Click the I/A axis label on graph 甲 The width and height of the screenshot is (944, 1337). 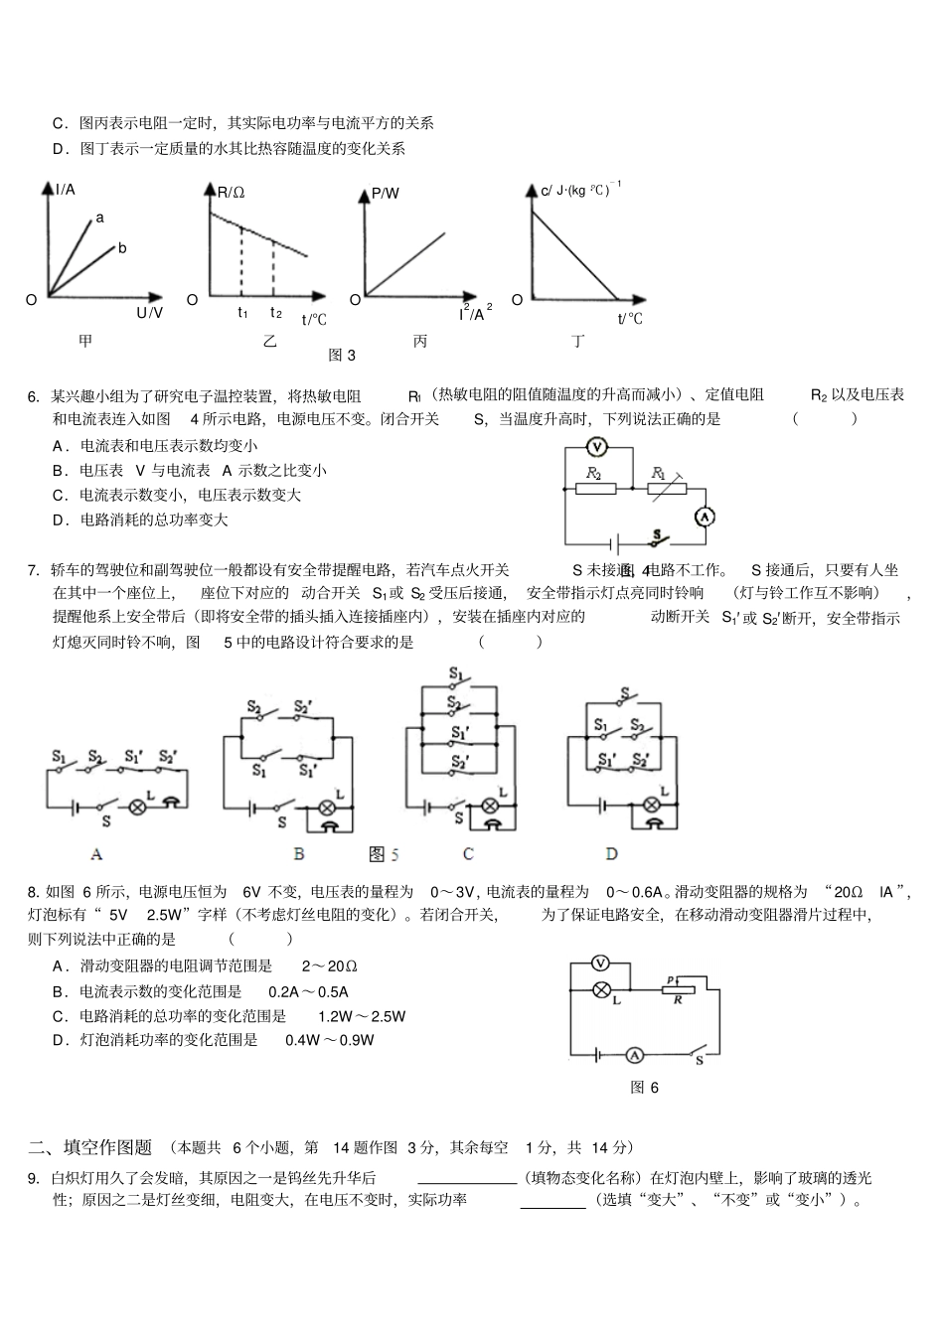66,190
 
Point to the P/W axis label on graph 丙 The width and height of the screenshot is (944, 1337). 385,194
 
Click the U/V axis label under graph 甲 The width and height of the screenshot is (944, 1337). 149,313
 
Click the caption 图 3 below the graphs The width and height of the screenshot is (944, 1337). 342,356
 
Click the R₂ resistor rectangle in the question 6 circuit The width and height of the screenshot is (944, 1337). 595,488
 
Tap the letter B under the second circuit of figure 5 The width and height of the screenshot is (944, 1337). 298,853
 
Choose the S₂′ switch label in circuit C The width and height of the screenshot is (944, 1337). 458,763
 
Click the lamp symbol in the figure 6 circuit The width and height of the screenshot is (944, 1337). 600,989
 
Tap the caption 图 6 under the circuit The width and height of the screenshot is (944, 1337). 644,1088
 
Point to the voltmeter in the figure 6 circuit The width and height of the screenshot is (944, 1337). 600,963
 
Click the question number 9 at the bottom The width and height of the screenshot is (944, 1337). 33,1179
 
